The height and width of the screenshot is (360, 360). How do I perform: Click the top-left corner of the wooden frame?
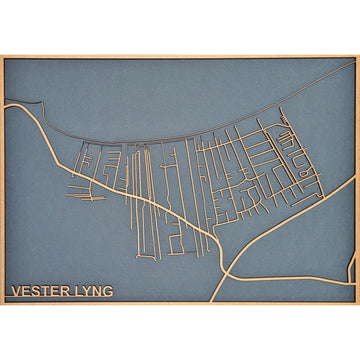pyautogui.click(x=2, y=57)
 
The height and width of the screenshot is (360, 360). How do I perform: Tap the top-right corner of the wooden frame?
pyautogui.click(x=357, y=57)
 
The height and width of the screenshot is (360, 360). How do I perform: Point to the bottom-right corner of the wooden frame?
pyautogui.click(x=357, y=303)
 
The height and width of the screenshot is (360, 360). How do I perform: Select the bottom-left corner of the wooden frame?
pyautogui.click(x=2, y=303)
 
